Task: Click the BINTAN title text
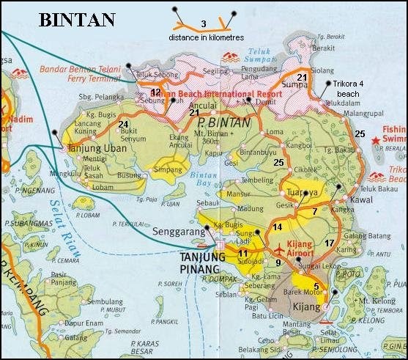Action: coord(77,19)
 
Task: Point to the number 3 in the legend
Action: coord(203,24)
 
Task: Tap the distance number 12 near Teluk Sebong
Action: coord(155,91)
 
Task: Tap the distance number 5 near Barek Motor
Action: coord(316,287)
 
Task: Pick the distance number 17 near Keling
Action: coord(329,243)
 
